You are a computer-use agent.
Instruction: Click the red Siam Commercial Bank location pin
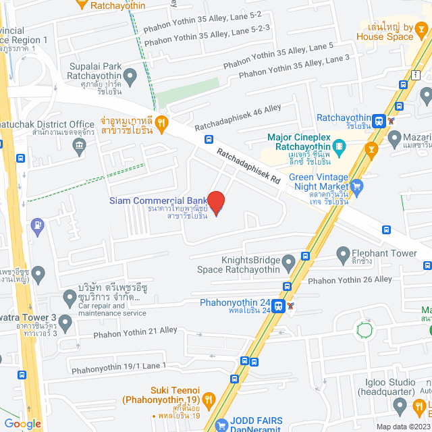(x=215, y=202)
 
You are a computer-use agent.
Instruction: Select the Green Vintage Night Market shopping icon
(x=357, y=184)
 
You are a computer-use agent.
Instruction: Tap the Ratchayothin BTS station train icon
(x=379, y=122)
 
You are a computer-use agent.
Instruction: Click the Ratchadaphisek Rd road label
(x=248, y=168)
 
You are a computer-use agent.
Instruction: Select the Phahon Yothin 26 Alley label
(x=350, y=279)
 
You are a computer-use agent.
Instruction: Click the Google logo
(x=22, y=423)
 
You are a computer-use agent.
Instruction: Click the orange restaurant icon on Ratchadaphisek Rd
(x=161, y=122)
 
